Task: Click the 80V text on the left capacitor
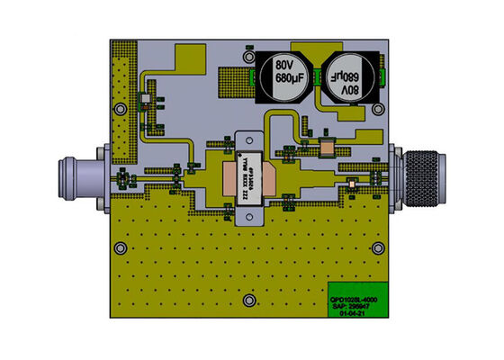(x=285, y=66)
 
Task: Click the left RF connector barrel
(x=82, y=175)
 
